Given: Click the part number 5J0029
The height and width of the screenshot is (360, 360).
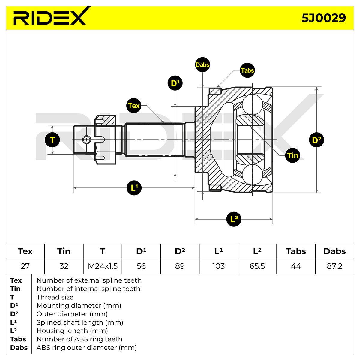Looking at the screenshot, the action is click(324, 18).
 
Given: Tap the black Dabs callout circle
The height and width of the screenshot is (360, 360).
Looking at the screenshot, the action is click(202, 64).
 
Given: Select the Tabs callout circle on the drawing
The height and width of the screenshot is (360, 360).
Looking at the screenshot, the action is click(247, 70).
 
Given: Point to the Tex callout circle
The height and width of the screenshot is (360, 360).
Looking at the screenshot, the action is click(134, 105).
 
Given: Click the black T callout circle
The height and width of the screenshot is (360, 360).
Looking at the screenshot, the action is click(52, 140).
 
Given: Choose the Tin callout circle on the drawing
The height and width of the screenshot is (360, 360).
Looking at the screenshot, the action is click(292, 155).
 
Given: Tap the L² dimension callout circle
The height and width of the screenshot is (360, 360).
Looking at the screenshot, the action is click(234, 219).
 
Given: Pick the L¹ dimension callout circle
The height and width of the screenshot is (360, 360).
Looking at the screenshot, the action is click(134, 188).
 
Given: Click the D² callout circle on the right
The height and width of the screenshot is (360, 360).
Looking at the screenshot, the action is click(316, 140).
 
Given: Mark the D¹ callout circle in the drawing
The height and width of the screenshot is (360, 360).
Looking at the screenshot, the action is click(175, 83).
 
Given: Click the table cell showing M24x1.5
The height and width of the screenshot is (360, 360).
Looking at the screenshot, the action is click(103, 266).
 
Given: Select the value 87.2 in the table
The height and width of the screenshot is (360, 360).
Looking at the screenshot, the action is click(334, 266).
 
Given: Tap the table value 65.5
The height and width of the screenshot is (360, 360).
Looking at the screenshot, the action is click(257, 266).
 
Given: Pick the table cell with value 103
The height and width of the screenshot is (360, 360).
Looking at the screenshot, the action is click(218, 266).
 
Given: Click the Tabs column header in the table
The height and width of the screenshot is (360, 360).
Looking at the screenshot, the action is click(296, 251).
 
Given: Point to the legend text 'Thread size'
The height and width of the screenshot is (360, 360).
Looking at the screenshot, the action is click(55, 297).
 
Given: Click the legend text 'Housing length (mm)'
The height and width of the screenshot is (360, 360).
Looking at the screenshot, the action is click(72, 331).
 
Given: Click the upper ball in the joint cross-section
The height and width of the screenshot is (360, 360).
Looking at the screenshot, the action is click(252, 105).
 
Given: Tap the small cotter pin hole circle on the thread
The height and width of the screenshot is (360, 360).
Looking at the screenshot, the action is click(87, 139).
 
